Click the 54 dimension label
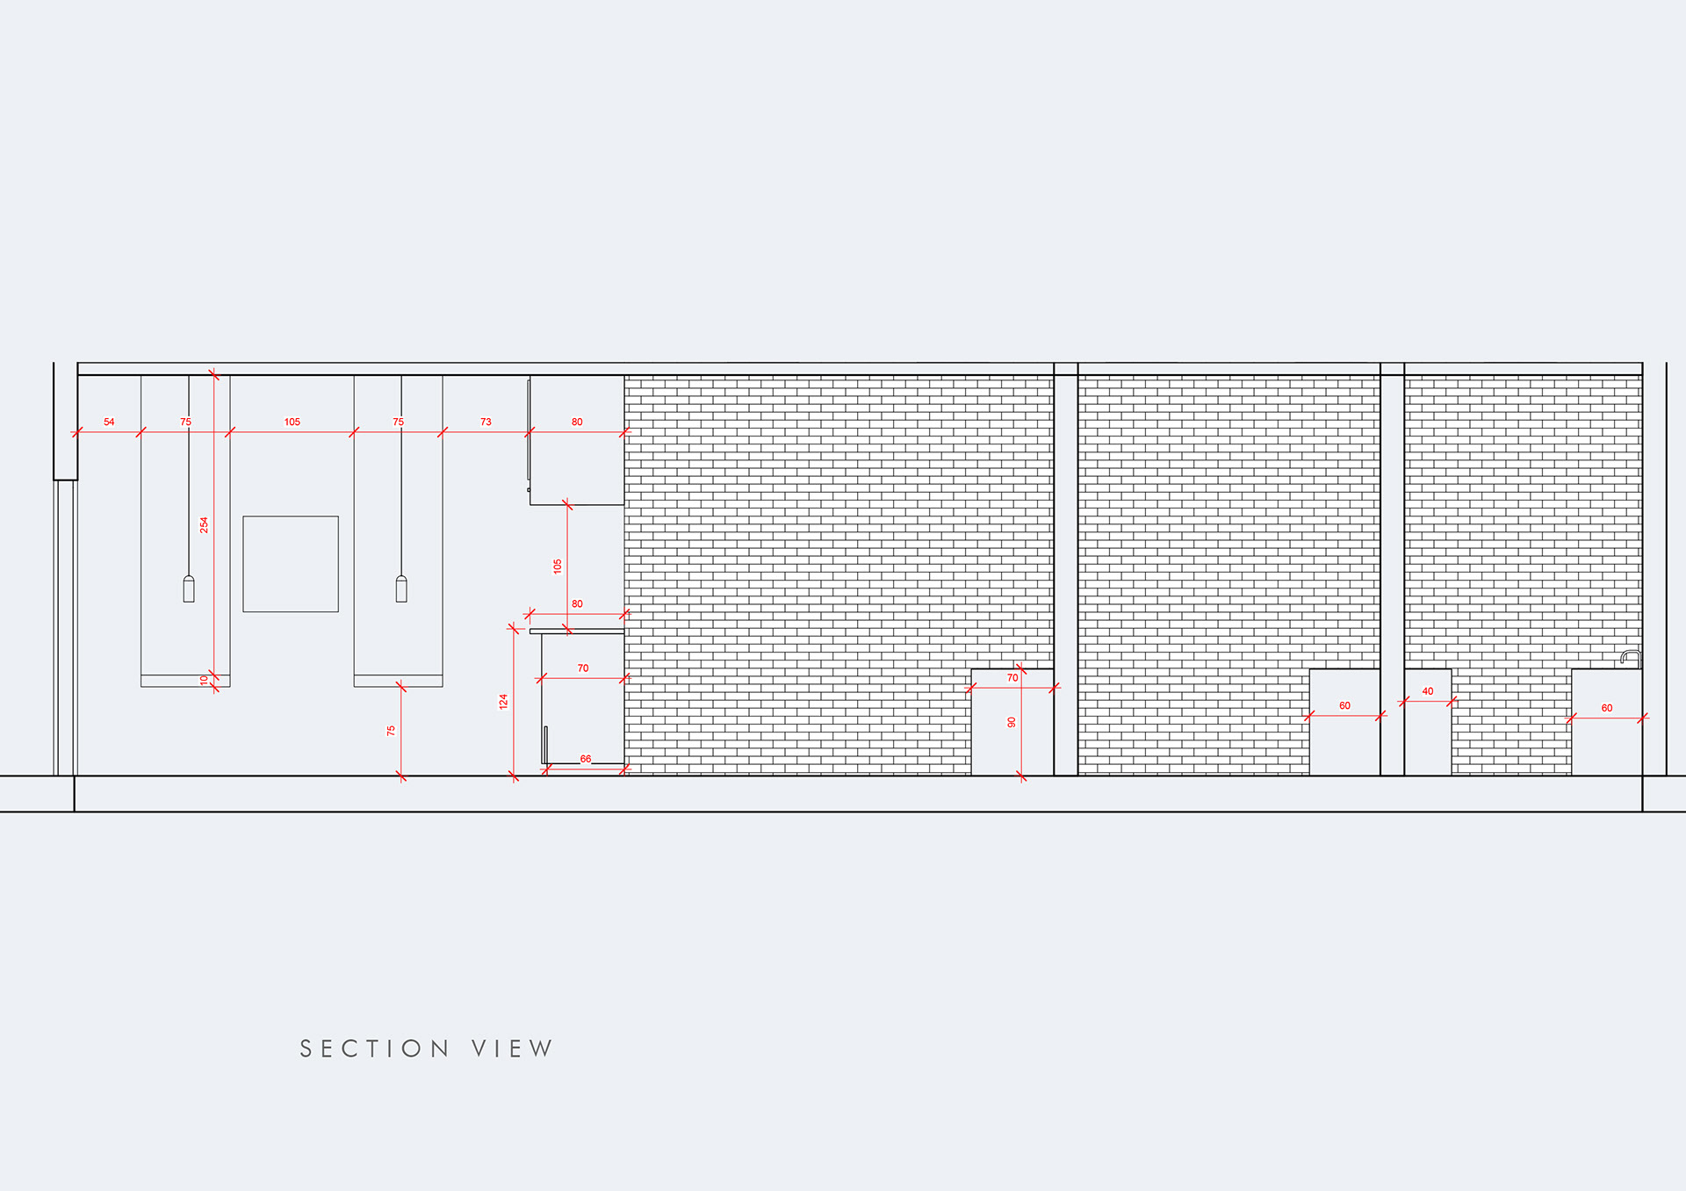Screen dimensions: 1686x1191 click(x=109, y=422)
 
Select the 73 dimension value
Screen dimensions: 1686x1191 click(x=486, y=422)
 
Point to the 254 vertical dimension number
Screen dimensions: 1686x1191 click(x=204, y=524)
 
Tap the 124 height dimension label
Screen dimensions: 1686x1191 click(x=503, y=701)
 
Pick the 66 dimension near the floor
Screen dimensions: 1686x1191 click(x=586, y=759)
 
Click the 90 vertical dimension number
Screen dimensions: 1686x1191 click(x=1012, y=722)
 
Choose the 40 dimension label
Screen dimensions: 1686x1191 click(x=1428, y=691)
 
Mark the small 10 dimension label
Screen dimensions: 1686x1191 click(x=204, y=679)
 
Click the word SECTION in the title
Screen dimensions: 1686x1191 click(x=375, y=1049)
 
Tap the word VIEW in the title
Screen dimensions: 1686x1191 click(x=512, y=1049)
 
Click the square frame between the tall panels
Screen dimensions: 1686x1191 click(x=291, y=564)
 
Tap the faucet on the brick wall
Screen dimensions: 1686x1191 click(x=1630, y=657)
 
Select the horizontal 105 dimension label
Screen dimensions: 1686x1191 click(x=292, y=422)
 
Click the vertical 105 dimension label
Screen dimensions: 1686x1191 click(x=558, y=567)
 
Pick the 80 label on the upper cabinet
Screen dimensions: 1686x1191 click(x=577, y=422)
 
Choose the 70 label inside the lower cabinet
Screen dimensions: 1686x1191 click(x=583, y=668)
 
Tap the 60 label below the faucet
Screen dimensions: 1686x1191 click(x=1607, y=708)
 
